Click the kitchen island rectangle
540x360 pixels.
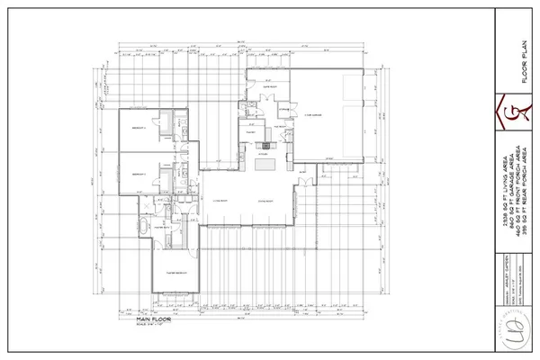click(265, 165)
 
